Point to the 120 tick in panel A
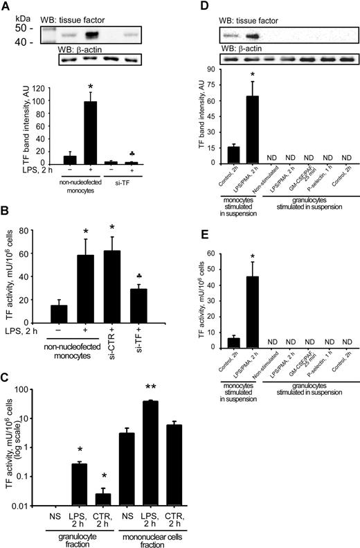[x=47, y=88]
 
